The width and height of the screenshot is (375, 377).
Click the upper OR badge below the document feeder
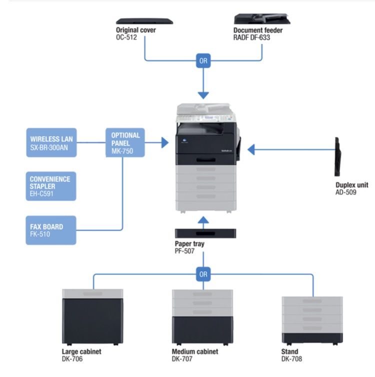coord(203,61)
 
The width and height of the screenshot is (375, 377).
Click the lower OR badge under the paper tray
coord(203,274)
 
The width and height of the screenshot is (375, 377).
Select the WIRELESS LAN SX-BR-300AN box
coord(51,143)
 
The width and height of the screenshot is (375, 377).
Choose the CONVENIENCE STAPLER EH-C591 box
coord(51,186)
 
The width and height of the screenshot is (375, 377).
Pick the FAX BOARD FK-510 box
coord(51,230)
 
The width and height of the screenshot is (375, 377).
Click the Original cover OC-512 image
coord(144,21)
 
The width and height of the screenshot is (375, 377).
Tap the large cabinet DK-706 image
coord(92,317)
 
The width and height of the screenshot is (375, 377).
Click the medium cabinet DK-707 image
coord(202,317)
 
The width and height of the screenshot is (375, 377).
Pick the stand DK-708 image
coord(312,317)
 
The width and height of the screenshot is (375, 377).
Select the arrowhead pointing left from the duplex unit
coord(252,149)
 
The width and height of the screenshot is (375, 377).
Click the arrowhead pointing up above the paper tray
coord(203,220)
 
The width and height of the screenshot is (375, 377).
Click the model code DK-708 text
coord(291,359)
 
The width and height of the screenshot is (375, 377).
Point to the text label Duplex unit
coord(351,185)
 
